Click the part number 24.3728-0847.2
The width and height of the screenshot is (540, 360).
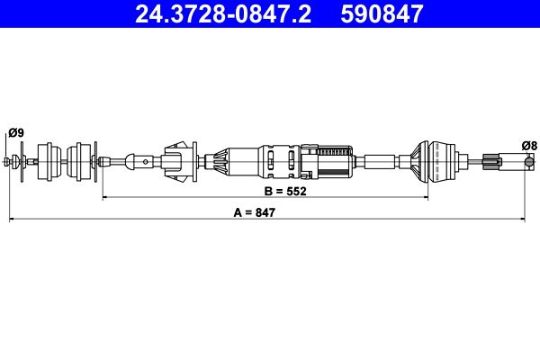pos(223,13)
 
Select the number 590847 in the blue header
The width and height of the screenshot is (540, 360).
pos(382,13)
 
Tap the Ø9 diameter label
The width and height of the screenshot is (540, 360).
pos(16,132)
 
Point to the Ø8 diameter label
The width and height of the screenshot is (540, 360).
pos(529,146)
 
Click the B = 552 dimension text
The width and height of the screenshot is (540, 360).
pos(285,191)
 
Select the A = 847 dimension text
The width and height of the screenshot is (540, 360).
pos(255,212)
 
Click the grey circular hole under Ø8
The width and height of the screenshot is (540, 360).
pos(529,161)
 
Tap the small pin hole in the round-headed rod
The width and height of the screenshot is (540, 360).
pos(146,162)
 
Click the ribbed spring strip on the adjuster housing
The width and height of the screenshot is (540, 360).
pos(334,151)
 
